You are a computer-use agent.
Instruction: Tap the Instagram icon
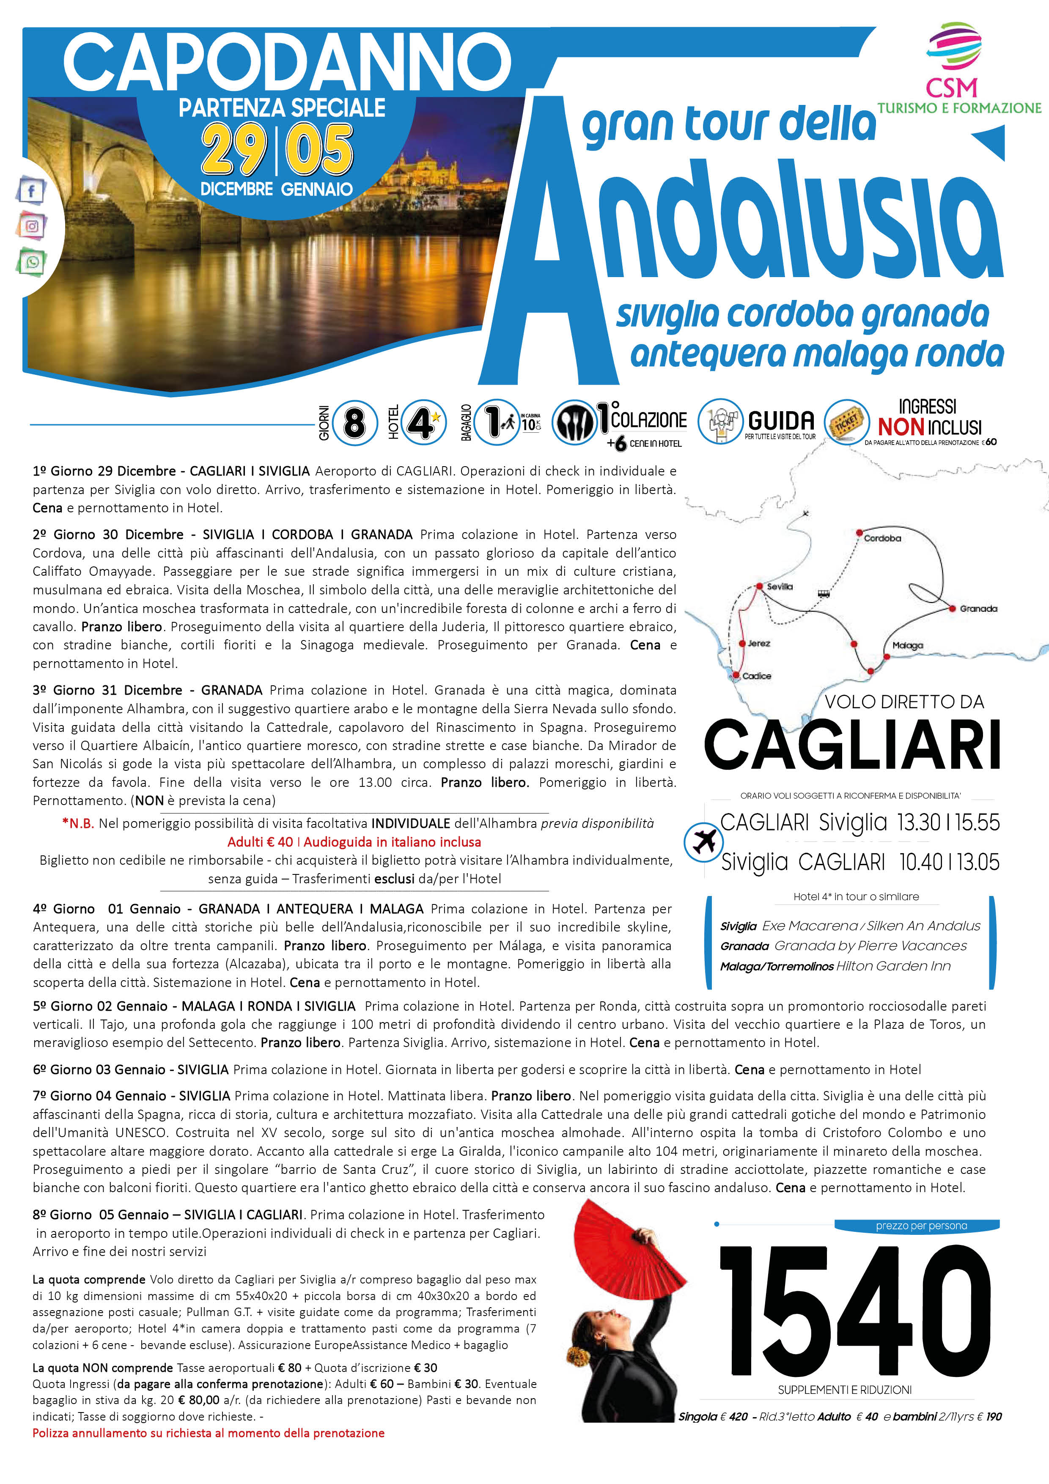point(31,226)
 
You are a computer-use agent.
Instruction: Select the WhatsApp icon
point(31,262)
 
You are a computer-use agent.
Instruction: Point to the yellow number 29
point(234,150)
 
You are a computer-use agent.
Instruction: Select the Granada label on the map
point(978,609)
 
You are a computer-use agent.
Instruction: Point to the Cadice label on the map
point(756,676)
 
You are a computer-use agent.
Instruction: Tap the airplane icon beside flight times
point(704,841)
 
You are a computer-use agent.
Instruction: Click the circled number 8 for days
point(354,424)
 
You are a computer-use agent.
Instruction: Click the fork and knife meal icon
point(574,423)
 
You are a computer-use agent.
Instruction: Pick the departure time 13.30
point(918,823)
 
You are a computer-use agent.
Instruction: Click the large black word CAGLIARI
point(852,745)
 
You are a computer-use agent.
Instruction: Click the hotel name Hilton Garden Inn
point(893,966)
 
